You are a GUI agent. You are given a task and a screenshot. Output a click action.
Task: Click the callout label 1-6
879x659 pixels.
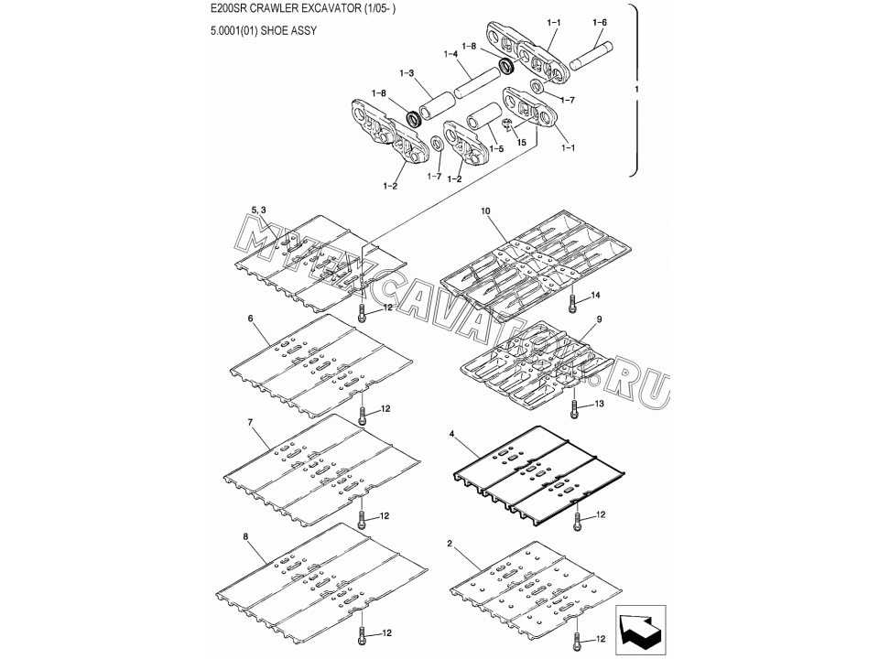[x=599, y=22]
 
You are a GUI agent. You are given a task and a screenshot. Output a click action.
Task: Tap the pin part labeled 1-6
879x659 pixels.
[x=591, y=56]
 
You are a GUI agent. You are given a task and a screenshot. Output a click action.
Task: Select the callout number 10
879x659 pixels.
[x=485, y=211]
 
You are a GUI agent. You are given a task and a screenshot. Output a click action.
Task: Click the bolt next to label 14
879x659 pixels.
[x=572, y=303]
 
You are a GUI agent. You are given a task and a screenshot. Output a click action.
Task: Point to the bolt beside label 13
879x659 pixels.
[x=573, y=408]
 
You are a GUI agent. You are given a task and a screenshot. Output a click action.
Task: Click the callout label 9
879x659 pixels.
[x=599, y=319]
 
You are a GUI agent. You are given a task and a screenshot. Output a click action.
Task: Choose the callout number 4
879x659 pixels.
[x=451, y=433]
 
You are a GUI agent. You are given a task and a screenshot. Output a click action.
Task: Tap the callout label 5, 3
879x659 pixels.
[x=258, y=210]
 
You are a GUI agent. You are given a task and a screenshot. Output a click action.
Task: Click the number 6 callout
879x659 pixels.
[x=250, y=319]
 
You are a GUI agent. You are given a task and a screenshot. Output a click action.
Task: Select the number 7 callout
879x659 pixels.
[x=250, y=421]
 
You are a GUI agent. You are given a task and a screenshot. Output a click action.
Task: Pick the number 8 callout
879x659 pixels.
[x=245, y=536]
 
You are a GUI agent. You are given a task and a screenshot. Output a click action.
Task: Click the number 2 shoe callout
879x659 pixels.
[x=450, y=544]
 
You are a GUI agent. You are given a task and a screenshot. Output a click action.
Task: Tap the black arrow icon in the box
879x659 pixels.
[x=640, y=631]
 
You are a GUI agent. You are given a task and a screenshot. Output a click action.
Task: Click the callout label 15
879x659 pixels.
[x=521, y=143]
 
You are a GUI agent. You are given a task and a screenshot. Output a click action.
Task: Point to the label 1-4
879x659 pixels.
[x=450, y=54]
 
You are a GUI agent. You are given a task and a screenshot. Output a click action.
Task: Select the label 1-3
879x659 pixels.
[x=407, y=73]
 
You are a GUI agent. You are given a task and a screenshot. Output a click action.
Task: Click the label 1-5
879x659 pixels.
[x=496, y=148]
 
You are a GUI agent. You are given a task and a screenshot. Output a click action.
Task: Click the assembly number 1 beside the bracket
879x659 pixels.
[x=636, y=89]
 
